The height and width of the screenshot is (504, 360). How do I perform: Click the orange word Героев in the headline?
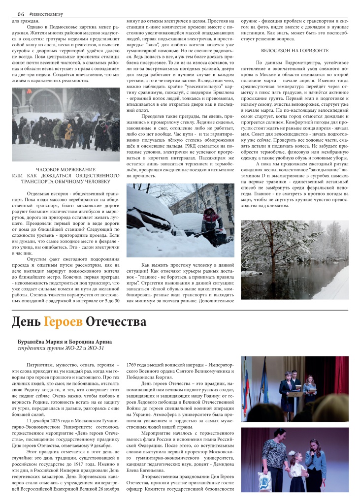point(63,322)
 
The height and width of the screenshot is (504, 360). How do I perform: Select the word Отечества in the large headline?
point(116,322)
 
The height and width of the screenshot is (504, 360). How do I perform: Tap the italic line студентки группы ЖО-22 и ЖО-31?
point(61,348)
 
